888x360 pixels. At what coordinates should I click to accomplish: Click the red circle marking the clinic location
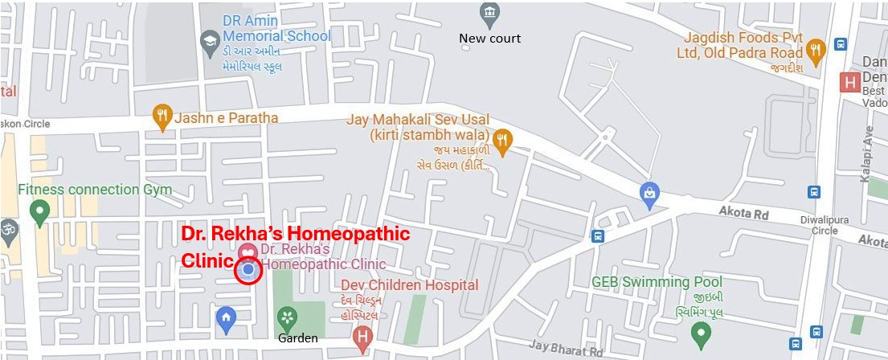248,272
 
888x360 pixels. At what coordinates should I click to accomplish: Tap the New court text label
489,39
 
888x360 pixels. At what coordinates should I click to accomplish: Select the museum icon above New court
489,14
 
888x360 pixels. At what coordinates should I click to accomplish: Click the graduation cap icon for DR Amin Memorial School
211,40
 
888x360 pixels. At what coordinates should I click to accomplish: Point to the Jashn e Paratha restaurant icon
163,117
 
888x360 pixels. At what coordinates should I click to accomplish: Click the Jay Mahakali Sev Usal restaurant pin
502,141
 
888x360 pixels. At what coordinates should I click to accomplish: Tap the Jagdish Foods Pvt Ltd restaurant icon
816,50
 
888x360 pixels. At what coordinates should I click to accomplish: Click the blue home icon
227,320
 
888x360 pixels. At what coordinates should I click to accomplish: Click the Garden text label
297,338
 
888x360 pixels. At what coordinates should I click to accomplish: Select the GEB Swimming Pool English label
657,282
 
